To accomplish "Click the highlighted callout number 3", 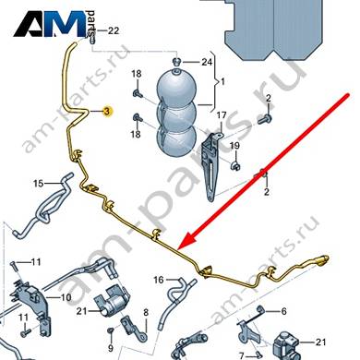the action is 107,111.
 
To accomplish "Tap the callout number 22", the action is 113,30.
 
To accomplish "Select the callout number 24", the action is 207,62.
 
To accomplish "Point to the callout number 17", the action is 222,115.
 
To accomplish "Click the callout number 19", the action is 234,145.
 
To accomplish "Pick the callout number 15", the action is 39,184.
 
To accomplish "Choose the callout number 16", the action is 159,280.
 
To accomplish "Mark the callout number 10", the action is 66,297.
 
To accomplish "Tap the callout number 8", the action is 146,313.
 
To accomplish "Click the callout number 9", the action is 111,348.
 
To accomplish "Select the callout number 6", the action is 283,311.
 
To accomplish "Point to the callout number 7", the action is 242,356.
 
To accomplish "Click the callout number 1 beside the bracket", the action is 223,82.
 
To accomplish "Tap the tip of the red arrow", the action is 179,248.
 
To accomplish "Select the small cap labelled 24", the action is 176,61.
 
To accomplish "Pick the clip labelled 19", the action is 235,166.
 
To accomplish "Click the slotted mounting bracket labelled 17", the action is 212,166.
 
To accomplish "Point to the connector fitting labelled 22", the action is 91,36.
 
